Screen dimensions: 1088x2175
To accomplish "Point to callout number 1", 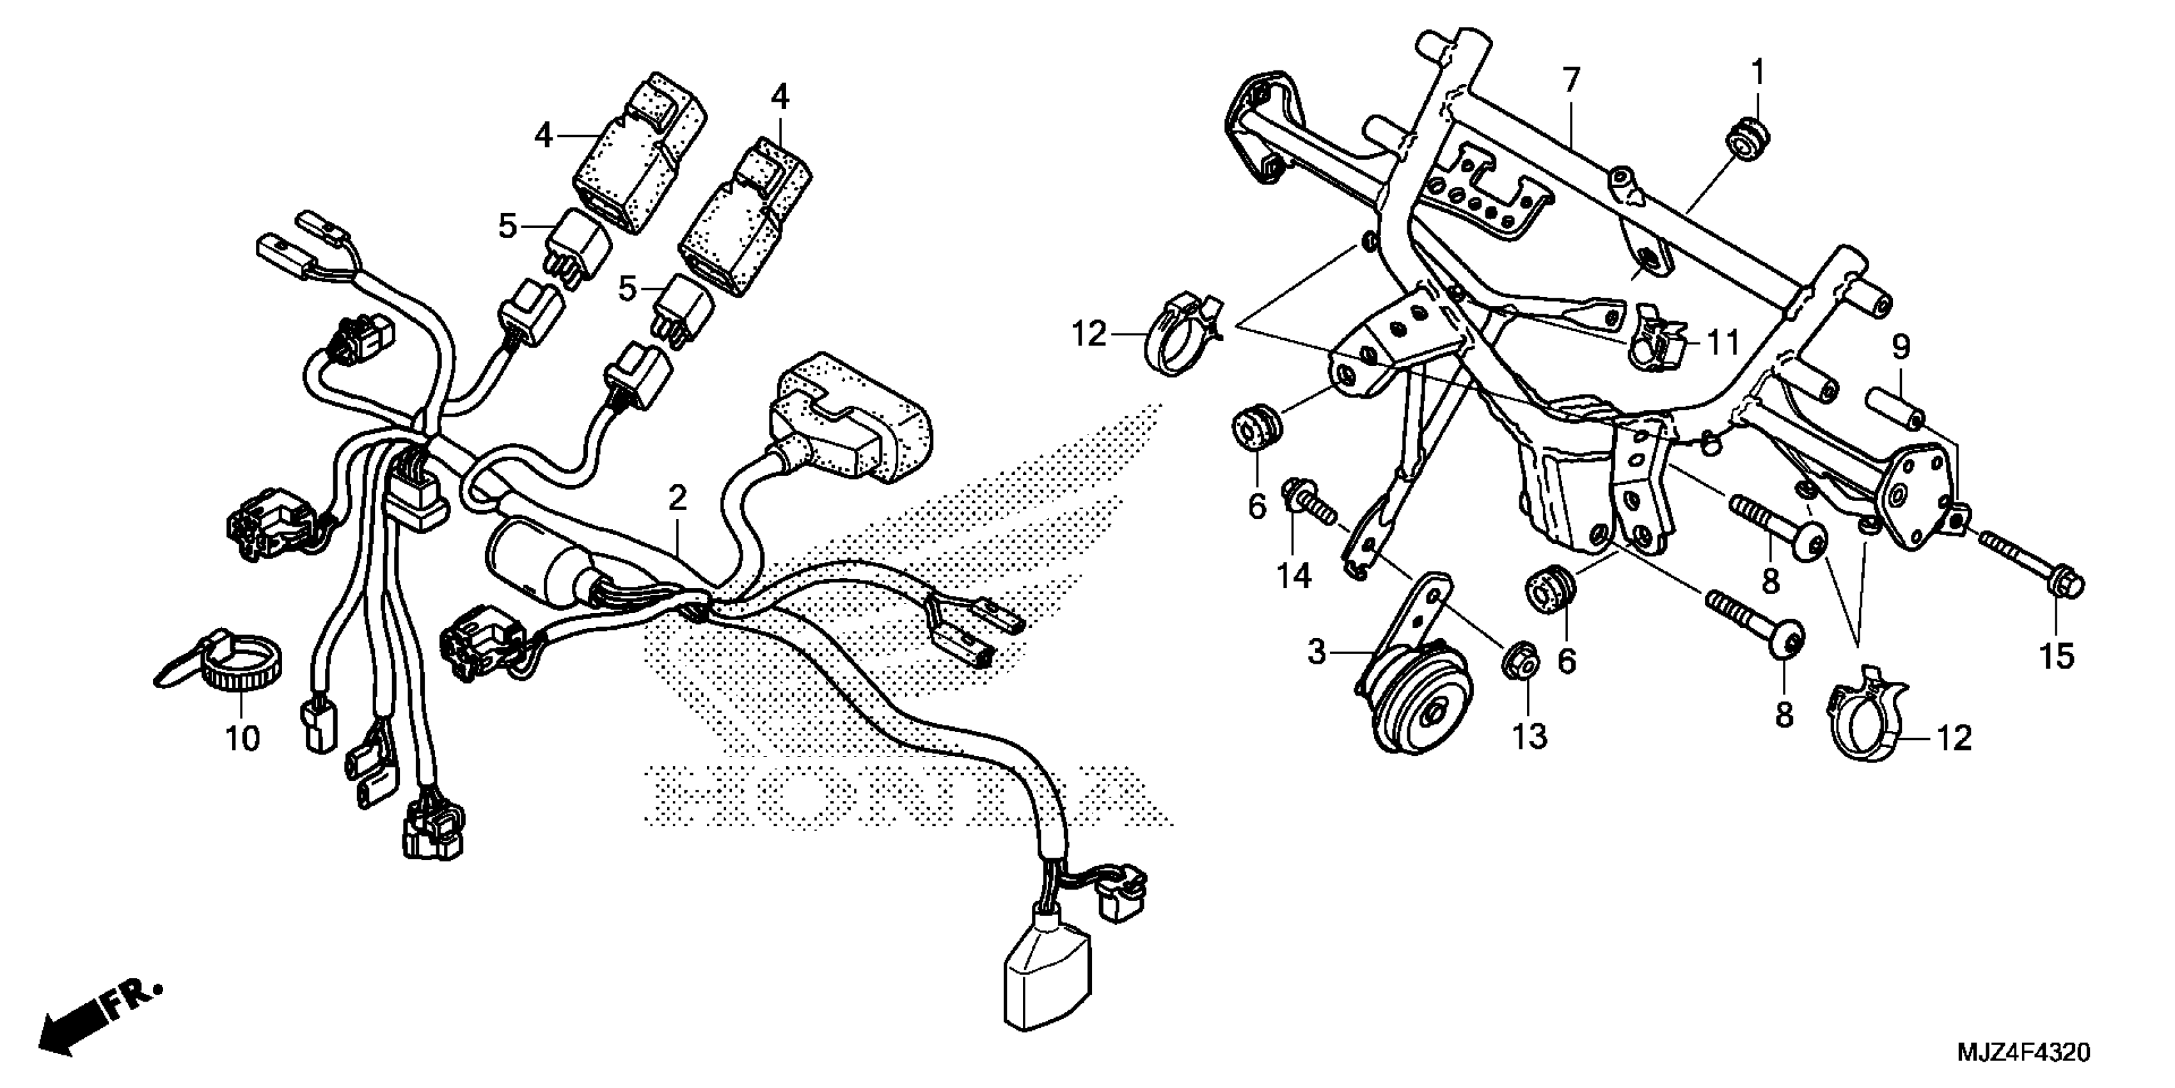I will (1757, 74).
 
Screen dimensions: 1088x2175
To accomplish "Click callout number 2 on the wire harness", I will (677, 499).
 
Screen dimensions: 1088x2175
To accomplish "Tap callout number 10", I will (242, 740).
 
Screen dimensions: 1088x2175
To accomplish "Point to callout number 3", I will (1317, 652).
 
